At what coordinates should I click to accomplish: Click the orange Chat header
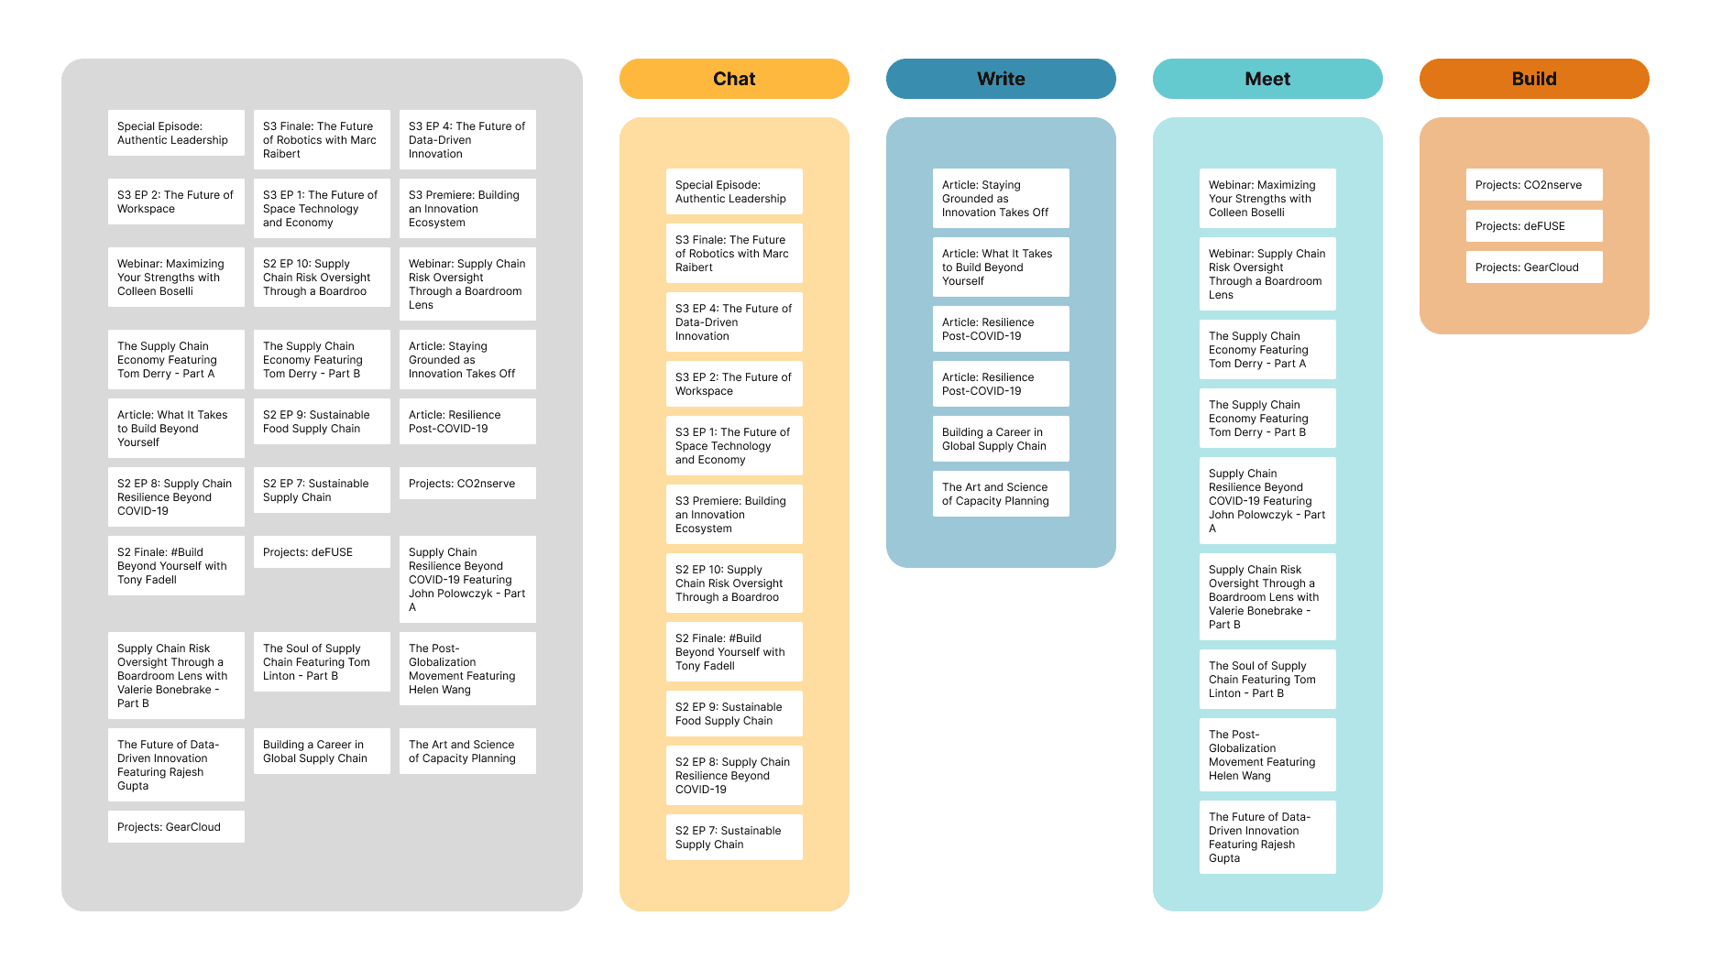pos(734,79)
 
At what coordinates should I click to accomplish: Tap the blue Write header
pos(1001,79)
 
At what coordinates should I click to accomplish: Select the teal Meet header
pos(1267,79)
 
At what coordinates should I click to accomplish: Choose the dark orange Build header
pos(1534,79)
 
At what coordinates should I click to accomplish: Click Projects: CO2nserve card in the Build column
pos(1533,185)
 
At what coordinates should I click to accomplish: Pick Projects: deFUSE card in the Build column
pos(1533,226)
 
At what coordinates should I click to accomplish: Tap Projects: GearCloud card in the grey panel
pos(176,827)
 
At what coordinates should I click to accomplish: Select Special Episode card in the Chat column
pos(734,191)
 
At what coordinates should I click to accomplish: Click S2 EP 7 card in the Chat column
pos(734,837)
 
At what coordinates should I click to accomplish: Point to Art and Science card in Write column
pos(1001,494)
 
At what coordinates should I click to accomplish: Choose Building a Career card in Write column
pos(1001,439)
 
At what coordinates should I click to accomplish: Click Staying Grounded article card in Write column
pos(1001,199)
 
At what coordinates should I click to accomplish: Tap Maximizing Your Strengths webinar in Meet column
pos(1267,199)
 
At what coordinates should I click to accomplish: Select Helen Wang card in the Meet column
pos(1267,755)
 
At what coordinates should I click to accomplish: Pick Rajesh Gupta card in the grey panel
pos(176,765)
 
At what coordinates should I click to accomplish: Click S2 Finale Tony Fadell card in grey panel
pos(176,566)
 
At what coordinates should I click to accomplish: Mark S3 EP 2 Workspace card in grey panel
pos(176,202)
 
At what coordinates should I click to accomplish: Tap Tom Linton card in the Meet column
pos(1267,680)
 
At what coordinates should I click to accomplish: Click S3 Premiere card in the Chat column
pos(734,515)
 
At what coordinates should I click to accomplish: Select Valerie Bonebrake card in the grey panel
pos(176,676)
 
